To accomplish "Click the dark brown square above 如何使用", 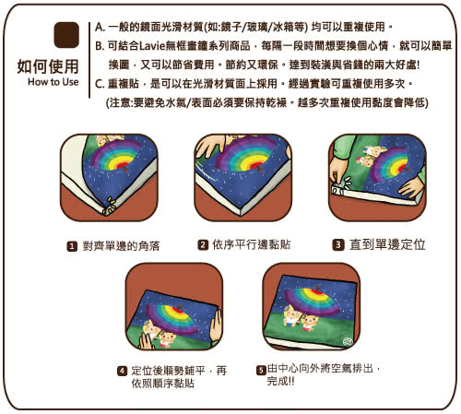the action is click(66, 35).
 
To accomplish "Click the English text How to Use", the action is click(53, 82).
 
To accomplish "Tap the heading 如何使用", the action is click(48, 66).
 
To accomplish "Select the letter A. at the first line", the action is click(100, 27).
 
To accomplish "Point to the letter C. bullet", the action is click(100, 84).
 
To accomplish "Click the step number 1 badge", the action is click(72, 246).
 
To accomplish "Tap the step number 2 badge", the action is click(203, 245).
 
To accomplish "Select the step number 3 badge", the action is click(338, 244).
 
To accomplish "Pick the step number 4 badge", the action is click(123, 371).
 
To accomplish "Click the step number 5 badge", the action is click(261, 370).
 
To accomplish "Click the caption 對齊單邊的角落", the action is click(121, 246).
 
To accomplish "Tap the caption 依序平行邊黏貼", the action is click(252, 245).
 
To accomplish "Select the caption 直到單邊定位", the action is click(387, 244).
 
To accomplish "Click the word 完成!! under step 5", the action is click(280, 382).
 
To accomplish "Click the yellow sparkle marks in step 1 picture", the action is click(110, 206).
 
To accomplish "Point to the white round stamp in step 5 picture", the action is click(348, 341).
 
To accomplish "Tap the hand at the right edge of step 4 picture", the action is click(216, 326).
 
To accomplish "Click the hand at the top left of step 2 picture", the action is click(210, 146).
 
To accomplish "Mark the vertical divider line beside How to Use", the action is click(89, 60).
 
